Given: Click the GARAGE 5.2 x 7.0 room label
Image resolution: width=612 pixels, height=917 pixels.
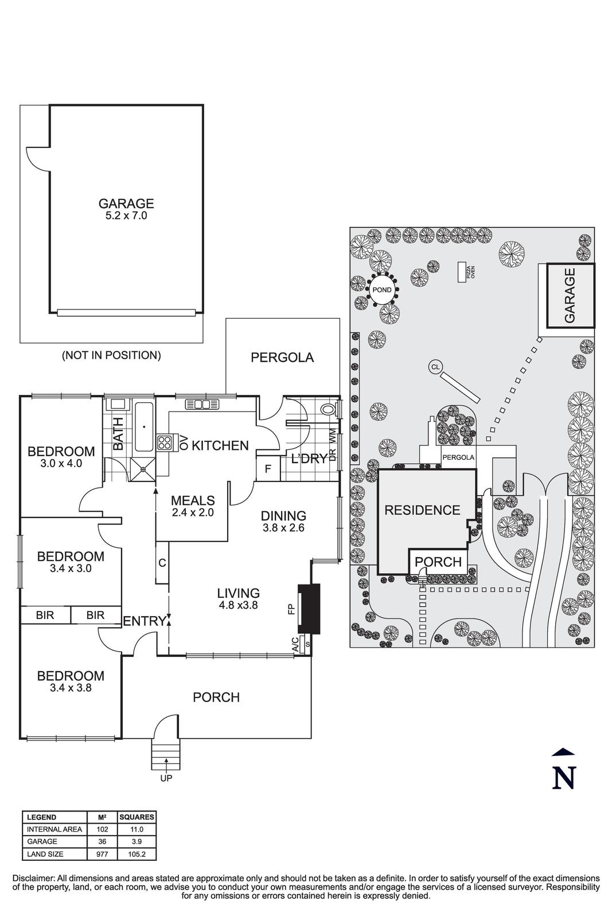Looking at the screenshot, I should pos(126,209).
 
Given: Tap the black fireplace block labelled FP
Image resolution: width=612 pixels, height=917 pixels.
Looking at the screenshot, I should pos(309,609).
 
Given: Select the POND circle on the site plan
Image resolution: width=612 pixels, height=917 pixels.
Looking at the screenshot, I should pos(381,290).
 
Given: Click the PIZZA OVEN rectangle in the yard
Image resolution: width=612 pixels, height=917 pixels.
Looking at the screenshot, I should pos(461,272).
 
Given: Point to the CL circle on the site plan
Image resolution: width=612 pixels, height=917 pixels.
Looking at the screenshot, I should pos(435,366).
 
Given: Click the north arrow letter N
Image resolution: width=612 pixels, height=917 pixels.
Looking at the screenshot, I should pos(563,778).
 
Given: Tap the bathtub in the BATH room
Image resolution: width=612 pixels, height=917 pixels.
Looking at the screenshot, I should pos(143,427).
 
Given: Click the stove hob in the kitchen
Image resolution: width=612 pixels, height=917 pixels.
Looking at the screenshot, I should pos(165,442).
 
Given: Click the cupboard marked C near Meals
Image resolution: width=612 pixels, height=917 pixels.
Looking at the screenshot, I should pos(162,563).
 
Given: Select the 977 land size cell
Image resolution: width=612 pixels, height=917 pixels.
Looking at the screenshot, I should pos(102,854).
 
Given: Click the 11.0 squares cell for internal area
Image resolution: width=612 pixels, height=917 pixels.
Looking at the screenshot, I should pos(136,829).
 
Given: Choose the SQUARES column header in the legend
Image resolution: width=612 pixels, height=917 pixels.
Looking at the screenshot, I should pos(136,817).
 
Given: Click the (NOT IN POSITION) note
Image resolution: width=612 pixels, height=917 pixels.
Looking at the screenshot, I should pos(111,355).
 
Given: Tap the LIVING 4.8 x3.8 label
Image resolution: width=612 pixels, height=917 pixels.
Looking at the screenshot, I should pos(238,598).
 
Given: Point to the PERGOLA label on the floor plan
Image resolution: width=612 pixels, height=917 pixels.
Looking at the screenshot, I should pos(282,358).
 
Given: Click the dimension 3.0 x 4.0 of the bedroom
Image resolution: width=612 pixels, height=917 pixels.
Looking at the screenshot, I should pos(61,463).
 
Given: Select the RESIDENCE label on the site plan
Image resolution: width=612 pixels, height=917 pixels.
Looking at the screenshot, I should pos(422,510).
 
